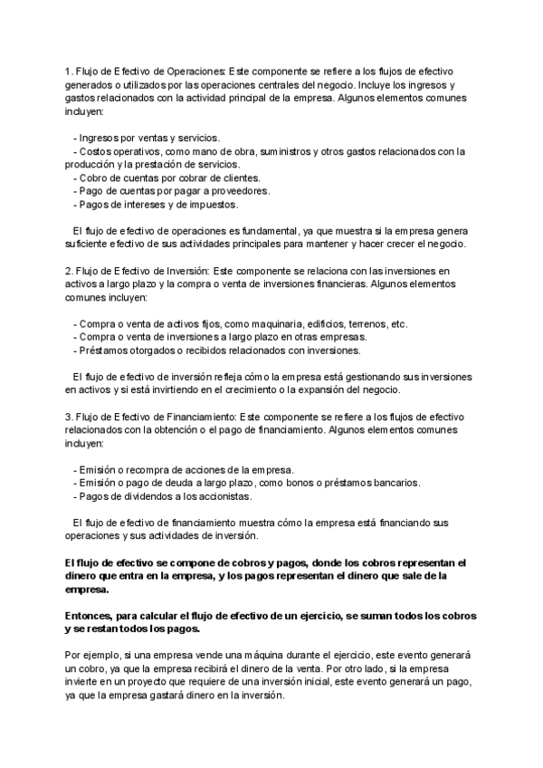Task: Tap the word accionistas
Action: tap(224, 497)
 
